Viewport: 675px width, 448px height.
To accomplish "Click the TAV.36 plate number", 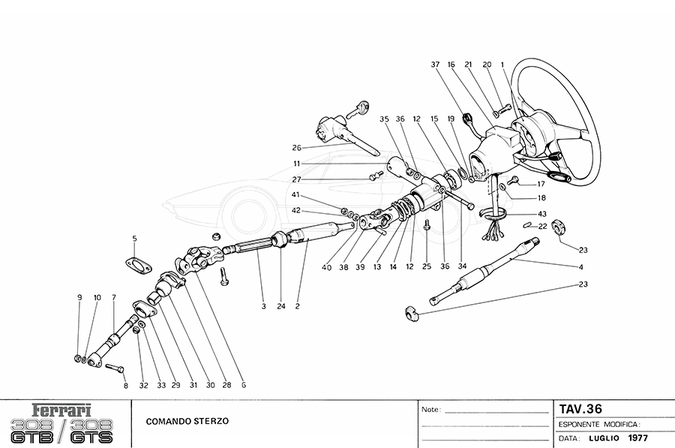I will [580, 409].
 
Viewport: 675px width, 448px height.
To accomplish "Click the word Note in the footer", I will [430, 410].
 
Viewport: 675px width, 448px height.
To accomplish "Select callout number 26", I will [296, 147].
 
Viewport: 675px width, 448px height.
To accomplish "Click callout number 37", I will [434, 65].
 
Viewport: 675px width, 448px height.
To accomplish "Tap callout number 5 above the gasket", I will [135, 239].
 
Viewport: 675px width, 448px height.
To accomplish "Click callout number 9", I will [79, 298].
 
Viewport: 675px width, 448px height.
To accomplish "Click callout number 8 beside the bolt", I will [126, 386].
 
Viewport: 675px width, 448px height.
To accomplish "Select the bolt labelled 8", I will [113, 368].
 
